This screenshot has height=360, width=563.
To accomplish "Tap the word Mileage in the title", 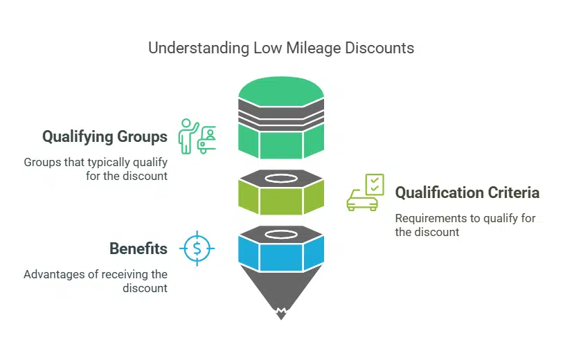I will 283,48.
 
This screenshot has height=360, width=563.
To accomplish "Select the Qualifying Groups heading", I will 105,136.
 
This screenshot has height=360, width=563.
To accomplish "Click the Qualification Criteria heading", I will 467,192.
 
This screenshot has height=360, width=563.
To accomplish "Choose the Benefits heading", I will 138,249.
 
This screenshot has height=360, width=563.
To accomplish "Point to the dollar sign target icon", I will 197,248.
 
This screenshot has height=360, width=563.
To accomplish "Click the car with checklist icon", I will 364,193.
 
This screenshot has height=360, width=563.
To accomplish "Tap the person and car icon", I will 197,136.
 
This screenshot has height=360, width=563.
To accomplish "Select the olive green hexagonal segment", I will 281,200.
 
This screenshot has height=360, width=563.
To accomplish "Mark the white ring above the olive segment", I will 281,178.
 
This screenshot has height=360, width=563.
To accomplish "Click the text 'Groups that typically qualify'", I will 96,162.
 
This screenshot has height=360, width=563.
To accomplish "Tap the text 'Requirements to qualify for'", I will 465,218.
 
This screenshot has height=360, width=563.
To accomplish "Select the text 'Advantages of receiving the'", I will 96,274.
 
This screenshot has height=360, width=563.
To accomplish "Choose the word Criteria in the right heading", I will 512,192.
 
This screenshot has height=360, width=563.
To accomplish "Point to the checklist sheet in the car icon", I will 373,183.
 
